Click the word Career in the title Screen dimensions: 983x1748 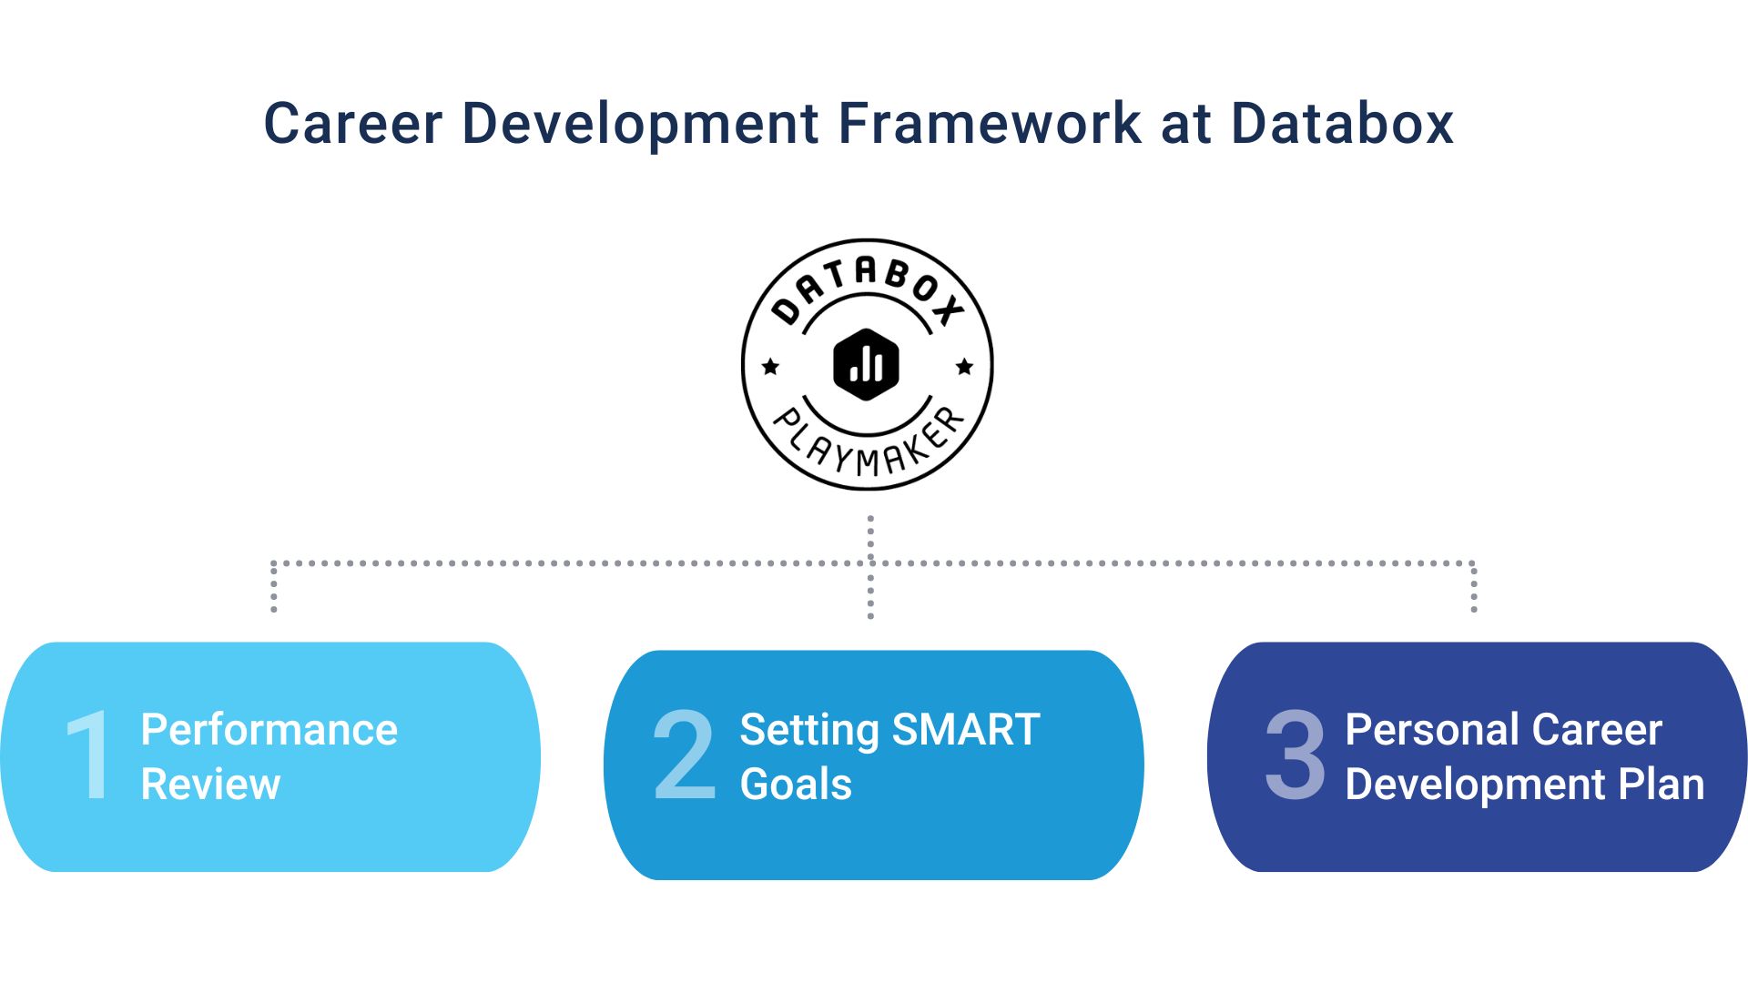(352, 124)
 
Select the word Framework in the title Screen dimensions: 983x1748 (989, 124)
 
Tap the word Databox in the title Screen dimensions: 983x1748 (1342, 124)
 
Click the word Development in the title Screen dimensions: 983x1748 (640, 126)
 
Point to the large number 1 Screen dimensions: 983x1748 (89, 755)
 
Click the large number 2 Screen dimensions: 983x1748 (684, 755)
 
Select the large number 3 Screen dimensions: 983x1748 (1295, 755)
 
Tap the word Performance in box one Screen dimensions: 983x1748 (269, 730)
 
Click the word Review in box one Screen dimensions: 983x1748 (210, 785)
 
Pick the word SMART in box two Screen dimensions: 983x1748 (966, 730)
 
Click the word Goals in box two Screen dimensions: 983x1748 (796, 785)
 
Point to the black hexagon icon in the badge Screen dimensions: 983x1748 (867, 364)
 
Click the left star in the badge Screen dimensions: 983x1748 (770, 367)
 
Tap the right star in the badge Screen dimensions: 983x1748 (964, 367)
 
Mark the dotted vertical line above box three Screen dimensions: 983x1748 (1473, 588)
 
